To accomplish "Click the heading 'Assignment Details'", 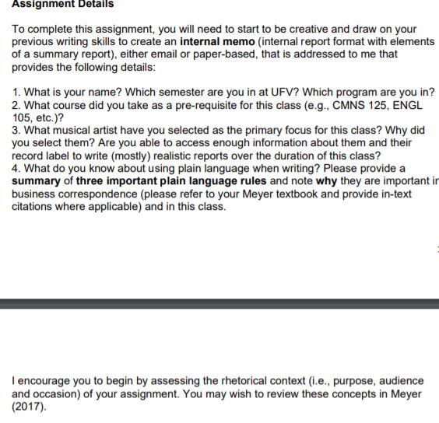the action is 62,5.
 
